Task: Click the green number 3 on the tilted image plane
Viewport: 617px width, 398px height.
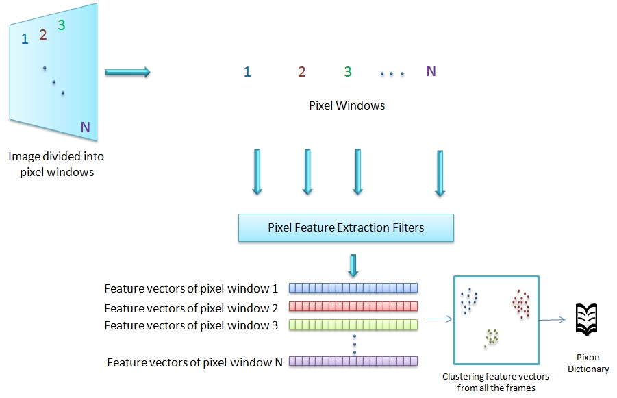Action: pos(62,25)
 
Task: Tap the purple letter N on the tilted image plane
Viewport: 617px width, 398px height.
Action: pos(86,127)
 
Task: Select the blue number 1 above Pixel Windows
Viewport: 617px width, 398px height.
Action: pos(247,72)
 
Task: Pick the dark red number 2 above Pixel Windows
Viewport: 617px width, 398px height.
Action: pos(302,72)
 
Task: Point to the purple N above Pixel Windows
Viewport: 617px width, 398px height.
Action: pos(431,71)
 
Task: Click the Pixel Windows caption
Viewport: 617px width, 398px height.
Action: pos(347,105)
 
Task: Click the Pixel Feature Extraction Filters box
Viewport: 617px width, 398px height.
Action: pos(346,227)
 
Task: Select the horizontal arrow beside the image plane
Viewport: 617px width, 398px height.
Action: pos(127,72)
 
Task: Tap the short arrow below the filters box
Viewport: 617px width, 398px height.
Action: pos(353,265)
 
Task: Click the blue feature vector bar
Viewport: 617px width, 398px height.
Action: pos(353,288)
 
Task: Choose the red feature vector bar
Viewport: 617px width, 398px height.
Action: pos(353,306)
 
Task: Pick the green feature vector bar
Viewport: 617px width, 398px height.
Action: pos(353,325)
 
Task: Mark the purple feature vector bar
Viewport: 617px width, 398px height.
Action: pos(353,361)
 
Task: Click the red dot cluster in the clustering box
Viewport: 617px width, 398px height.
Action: pos(521,304)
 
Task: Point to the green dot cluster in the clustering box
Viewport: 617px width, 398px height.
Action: pos(491,338)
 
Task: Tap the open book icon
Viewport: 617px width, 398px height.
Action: pos(586,319)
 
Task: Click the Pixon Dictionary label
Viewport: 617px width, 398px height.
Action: pos(588,363)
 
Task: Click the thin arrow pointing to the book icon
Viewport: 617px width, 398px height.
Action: pos(552,320)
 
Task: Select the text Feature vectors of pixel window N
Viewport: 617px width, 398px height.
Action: pos(194,362)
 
